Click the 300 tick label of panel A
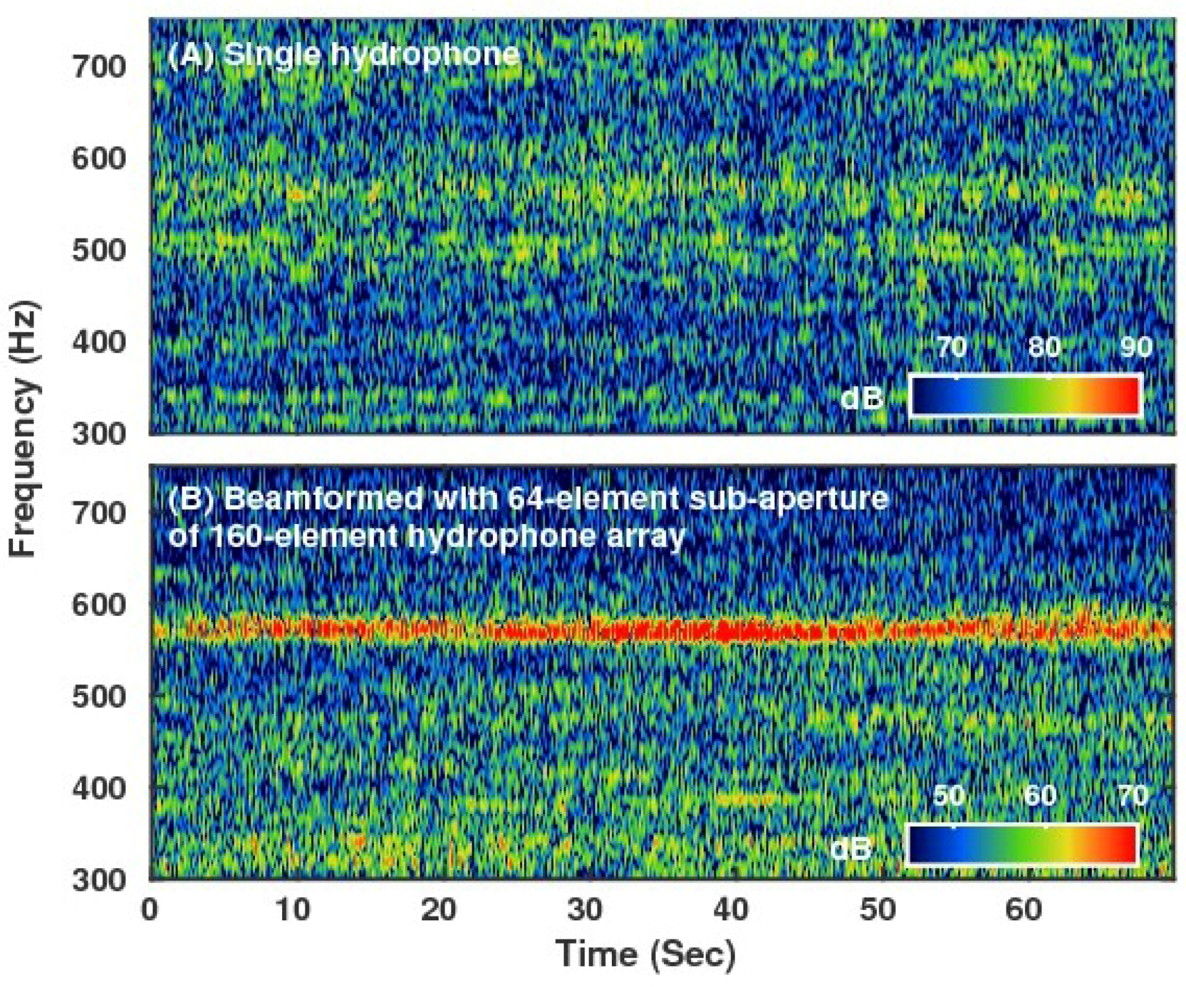99,434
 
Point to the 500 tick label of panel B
99,697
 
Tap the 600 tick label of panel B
99,605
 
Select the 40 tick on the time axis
731,910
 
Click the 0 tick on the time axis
150,910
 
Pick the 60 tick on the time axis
1023,910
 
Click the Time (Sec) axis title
646,954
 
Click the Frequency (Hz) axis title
25,429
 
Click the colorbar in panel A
1024,396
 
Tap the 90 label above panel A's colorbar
1136,347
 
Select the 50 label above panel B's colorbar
948,795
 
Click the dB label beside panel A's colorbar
861,399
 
